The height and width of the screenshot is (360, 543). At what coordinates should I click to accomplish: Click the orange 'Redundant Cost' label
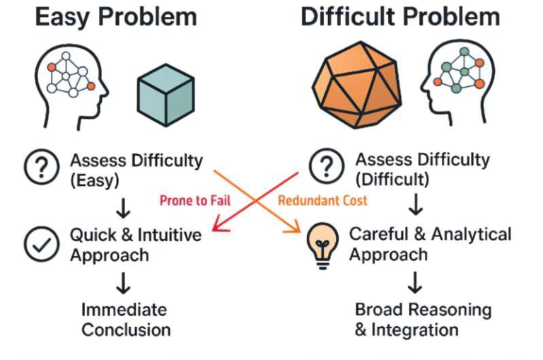click(x=322, y=201)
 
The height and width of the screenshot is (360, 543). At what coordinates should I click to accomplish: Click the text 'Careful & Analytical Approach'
click(x=429, y=243)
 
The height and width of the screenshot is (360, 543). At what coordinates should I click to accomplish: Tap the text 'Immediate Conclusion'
click(x=126, y=319)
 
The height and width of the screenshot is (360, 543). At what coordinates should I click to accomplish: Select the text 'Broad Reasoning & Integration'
click(x=422, y=319)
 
